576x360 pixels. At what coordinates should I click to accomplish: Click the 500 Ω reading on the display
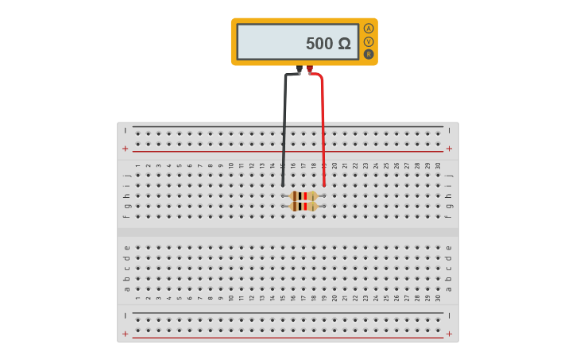pos(327,44)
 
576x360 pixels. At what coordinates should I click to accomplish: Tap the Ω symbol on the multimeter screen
pos(343,44)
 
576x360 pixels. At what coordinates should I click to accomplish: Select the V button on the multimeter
pos(369,41)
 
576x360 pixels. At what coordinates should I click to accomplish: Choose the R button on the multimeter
pos(369,54)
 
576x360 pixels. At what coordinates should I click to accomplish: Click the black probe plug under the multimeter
pos(299,70)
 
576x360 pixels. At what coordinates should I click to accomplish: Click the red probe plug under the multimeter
pos(310,70)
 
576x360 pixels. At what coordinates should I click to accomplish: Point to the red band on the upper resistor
pos(305,195)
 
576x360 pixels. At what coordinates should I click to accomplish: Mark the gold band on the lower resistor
pos(312,206)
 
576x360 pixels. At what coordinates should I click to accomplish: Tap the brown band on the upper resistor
pos(296,195)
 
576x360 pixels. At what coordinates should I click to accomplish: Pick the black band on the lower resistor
pos(300,206)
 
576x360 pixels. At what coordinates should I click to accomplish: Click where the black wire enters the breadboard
pos(283,184)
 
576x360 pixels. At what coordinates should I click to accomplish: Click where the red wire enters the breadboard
pos(324,184)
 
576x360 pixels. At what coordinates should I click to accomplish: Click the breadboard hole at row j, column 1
pos(137,175)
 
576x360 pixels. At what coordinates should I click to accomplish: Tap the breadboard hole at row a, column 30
pos(438,288)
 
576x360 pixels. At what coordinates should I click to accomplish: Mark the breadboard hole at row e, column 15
pos(282,247)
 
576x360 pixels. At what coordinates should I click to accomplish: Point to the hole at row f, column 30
pos(438,216)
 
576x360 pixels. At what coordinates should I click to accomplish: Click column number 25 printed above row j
pos(386,165)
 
